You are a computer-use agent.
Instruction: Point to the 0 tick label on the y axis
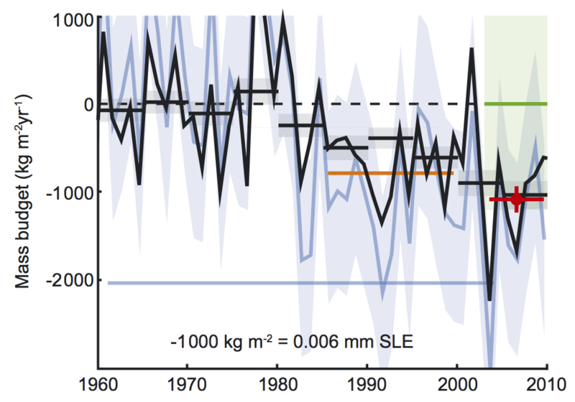88,105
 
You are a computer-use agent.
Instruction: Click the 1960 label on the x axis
97,385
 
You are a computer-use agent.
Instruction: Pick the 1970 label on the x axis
187,385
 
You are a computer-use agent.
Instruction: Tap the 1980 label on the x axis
277,385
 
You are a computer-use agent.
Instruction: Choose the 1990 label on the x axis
367,385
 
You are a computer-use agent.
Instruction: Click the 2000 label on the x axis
457,385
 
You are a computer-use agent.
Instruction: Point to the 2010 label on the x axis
546,385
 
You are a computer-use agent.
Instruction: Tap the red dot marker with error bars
516,200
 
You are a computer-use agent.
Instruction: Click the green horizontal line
516,104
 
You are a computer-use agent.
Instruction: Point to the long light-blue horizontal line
287,283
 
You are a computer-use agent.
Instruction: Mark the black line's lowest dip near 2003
489,299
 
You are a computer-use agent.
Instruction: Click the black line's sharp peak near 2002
472,50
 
